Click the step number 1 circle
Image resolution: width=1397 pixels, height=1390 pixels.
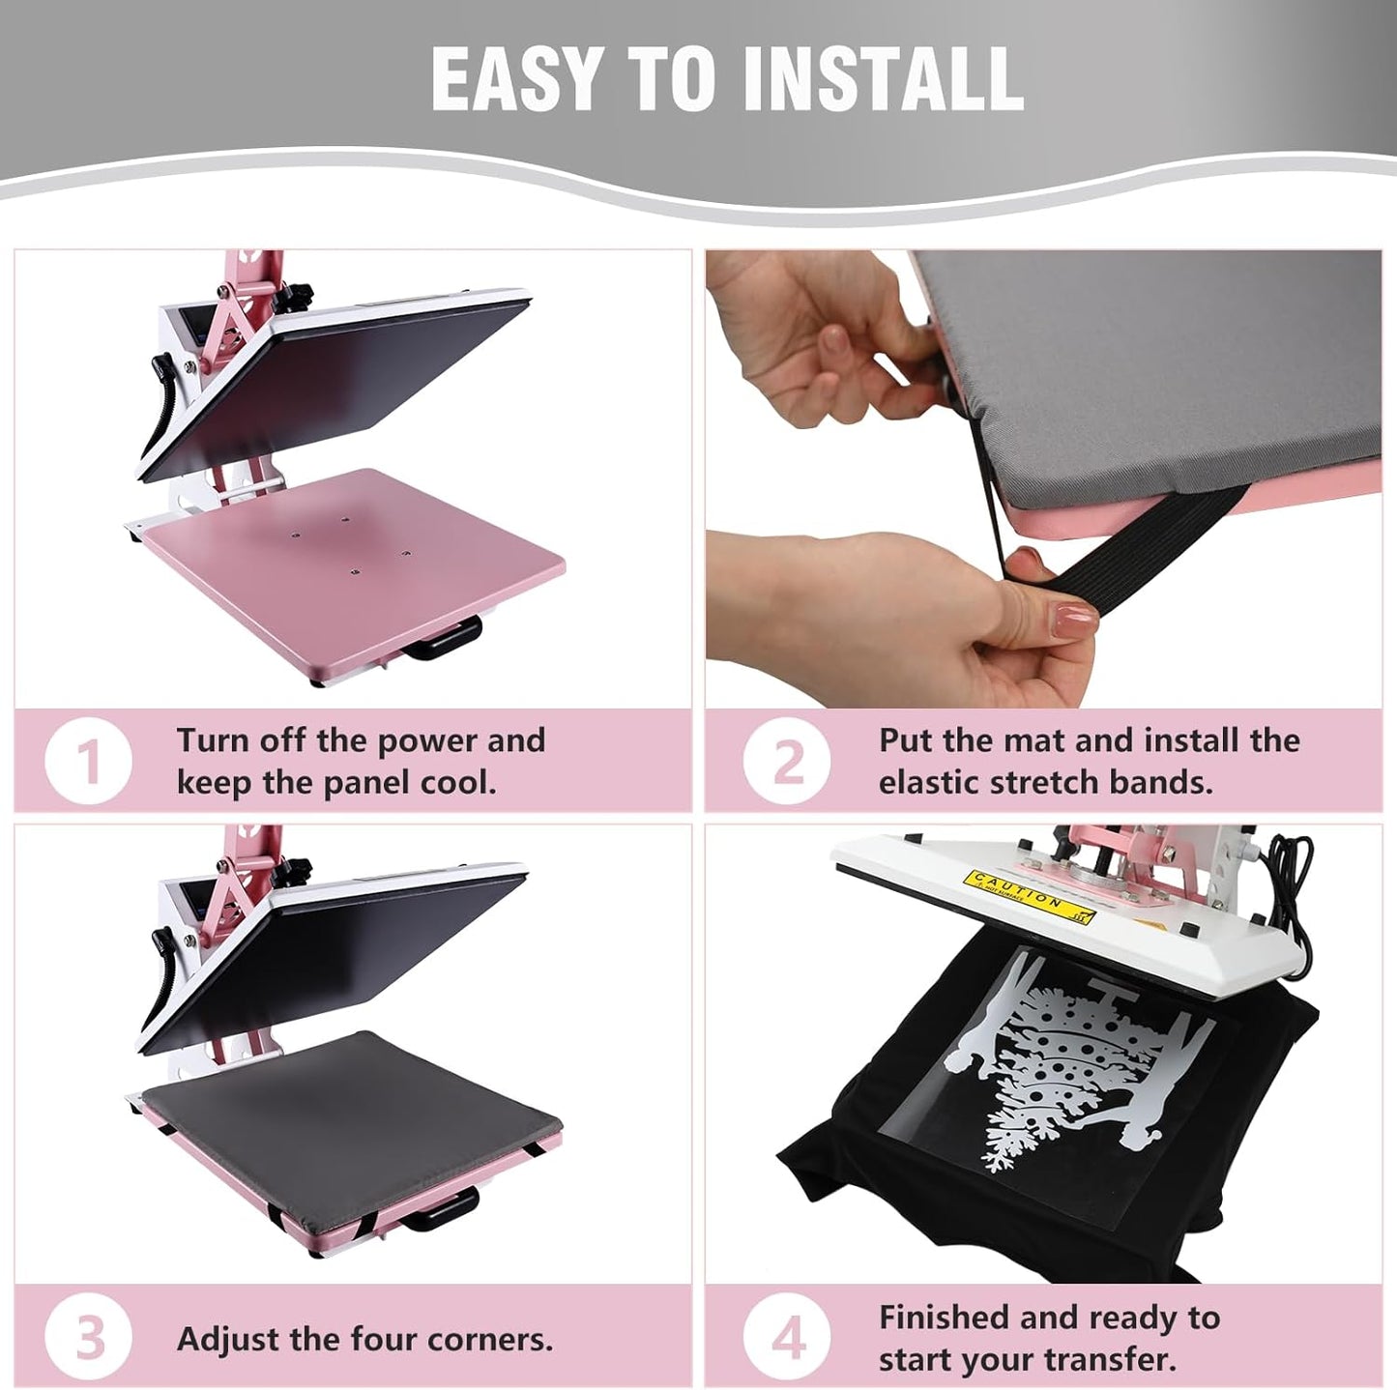(88, 761)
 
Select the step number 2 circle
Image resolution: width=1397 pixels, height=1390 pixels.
(788, 761)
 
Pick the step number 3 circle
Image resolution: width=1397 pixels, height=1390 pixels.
(88, 1339)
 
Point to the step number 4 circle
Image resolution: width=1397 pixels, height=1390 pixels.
(788, 1339)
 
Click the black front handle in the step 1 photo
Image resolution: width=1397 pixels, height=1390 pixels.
(444, 640)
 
